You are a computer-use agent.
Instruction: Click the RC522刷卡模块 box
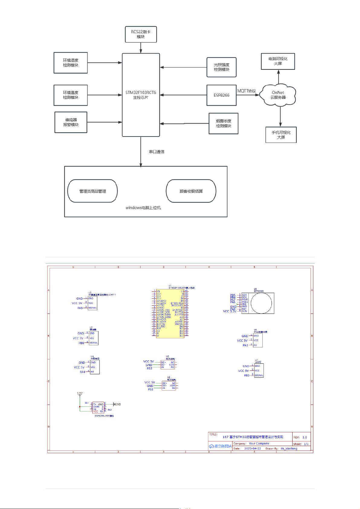[141, 34]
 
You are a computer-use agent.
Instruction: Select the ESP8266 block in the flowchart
[221, 95]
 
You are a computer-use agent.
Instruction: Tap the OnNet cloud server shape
[278, 95]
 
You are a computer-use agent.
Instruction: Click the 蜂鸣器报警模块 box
[71, 122]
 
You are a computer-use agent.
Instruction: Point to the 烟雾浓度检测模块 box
[223, 123]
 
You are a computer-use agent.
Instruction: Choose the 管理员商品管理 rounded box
[92, 191]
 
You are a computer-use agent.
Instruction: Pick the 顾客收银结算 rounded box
[191, 191]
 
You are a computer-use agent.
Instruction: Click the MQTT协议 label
[246, 91]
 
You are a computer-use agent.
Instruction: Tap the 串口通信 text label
[157, 152]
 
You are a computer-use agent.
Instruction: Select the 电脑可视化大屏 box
[278, 61]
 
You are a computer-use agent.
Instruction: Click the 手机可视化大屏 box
[281, 135]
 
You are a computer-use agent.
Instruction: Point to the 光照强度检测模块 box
[221, 67]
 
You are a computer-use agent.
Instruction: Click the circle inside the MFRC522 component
[261, 303]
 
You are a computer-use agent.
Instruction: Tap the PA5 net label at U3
[80, 308]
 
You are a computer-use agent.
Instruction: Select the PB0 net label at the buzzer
[81, 343]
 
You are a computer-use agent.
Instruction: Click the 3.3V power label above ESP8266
[79, 394]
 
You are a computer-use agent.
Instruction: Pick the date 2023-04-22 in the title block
[252, 449]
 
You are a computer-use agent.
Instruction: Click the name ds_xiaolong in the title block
[289, 449]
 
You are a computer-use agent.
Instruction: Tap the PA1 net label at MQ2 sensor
[245, 345]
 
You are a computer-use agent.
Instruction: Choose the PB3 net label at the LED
[247, 375]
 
